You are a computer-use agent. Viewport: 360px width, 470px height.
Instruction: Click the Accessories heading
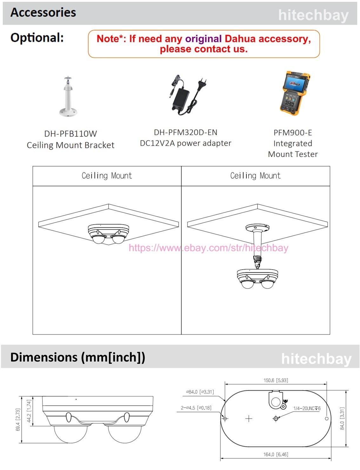(x=43, y=13)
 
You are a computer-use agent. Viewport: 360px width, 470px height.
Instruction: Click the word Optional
(x=37, y=38)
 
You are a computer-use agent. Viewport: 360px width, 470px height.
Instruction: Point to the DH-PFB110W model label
(x=70, y=134)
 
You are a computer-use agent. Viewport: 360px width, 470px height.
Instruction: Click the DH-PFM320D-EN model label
(x=186, y=132)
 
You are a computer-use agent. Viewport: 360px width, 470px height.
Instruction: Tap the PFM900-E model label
(x=293, y=133)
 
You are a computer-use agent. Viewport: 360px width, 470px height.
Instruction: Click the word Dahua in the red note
(x=240, y=39)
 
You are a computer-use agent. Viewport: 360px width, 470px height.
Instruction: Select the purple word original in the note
(x=203, y=39)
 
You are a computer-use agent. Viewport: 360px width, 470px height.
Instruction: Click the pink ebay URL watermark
(x=209, y=248)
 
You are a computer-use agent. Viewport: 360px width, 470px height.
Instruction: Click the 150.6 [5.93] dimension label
(x=276, y=380)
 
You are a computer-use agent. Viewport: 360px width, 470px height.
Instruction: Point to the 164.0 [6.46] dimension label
(x=276, y=454)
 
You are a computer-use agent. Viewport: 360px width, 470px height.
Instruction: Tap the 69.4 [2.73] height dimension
(x=18, y=419)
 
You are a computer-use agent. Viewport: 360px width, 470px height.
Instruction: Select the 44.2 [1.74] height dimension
(x=29, y=411)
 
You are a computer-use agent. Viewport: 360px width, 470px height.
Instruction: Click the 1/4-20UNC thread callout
(x=307, y=408)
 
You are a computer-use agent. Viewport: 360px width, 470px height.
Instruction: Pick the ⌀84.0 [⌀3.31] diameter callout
(x=200, y=392)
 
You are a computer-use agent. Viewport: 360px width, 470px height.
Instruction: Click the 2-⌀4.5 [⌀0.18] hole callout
(x=196, y=408)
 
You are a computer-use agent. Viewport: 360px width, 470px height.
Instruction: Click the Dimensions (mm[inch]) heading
(x=78, y=357)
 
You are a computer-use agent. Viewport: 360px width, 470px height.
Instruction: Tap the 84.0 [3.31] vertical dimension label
(x=342, y=419)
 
